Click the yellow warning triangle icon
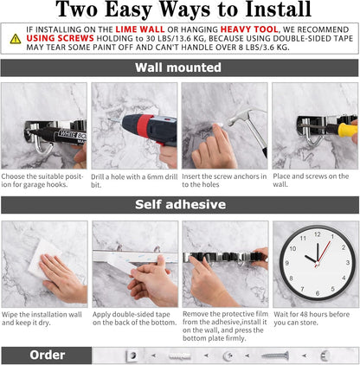point(15,39)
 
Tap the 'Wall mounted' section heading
point(179,67)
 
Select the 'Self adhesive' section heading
point(179,205)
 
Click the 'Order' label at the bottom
point(47,355)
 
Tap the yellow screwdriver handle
point(347,131)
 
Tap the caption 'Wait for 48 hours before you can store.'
point(316,320)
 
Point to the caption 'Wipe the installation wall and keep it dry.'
point(43,320)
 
